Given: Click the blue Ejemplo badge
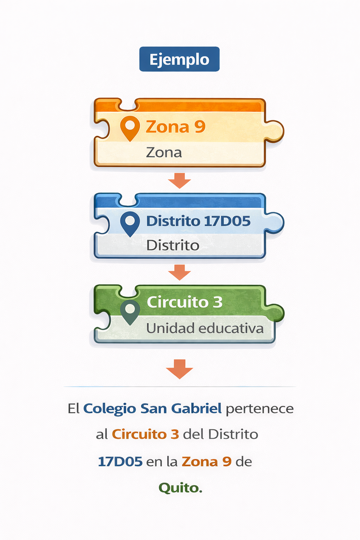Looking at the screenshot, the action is (179, 59).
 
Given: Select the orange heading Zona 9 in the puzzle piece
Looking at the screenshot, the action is (175, 127).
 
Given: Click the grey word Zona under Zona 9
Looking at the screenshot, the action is (164, 153).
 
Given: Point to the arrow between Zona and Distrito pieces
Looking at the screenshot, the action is (179, 181).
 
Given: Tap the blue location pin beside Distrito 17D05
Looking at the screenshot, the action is (130, 224).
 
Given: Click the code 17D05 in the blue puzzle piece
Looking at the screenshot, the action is (227, 221).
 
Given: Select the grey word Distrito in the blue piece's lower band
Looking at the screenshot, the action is (173, 245).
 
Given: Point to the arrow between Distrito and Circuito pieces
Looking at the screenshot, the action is (179, 272).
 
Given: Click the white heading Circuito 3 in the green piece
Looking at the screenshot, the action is (185, 302).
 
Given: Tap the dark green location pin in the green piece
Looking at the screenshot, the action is (130, 312).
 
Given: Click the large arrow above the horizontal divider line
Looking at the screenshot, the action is (179, 369).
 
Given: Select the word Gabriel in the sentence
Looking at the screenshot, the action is (196, 409).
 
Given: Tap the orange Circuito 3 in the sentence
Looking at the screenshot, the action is (146, 435).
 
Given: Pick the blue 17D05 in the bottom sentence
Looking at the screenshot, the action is (120, 462).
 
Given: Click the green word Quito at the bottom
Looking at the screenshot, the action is (180, 488).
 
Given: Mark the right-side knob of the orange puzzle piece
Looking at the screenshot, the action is (275, 131).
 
